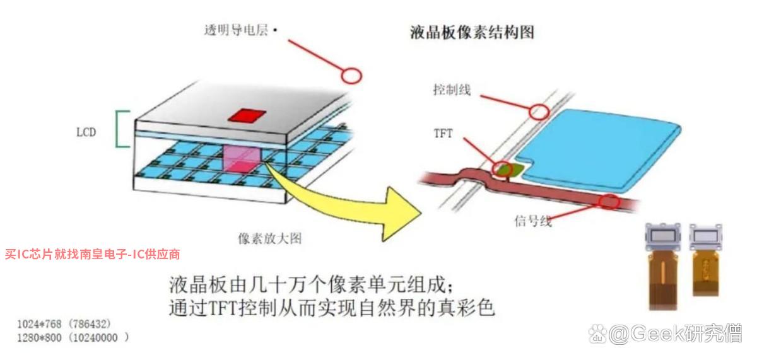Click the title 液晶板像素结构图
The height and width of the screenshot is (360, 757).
472,33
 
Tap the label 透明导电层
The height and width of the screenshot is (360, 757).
236,30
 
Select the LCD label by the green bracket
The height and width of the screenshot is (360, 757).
86,132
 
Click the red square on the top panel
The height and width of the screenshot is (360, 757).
247,115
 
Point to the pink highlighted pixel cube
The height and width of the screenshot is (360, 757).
242,158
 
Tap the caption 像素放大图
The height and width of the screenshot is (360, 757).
270,238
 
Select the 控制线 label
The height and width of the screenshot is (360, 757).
452,90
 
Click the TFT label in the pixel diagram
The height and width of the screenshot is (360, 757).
443,134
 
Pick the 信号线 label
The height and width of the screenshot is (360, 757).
533,221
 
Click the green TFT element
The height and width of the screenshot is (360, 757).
510,170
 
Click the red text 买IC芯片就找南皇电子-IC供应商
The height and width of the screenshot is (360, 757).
92,254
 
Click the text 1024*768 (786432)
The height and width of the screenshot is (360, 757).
64,324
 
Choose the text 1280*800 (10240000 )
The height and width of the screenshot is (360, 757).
73,337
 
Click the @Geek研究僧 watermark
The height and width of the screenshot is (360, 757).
666,334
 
